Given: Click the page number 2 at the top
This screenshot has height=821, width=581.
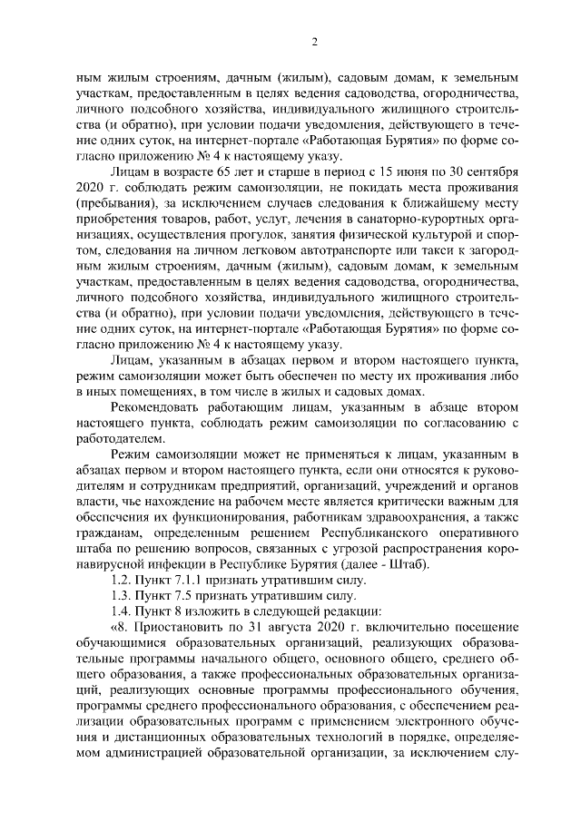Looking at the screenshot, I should pyautogui.click(x=314, y=42).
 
